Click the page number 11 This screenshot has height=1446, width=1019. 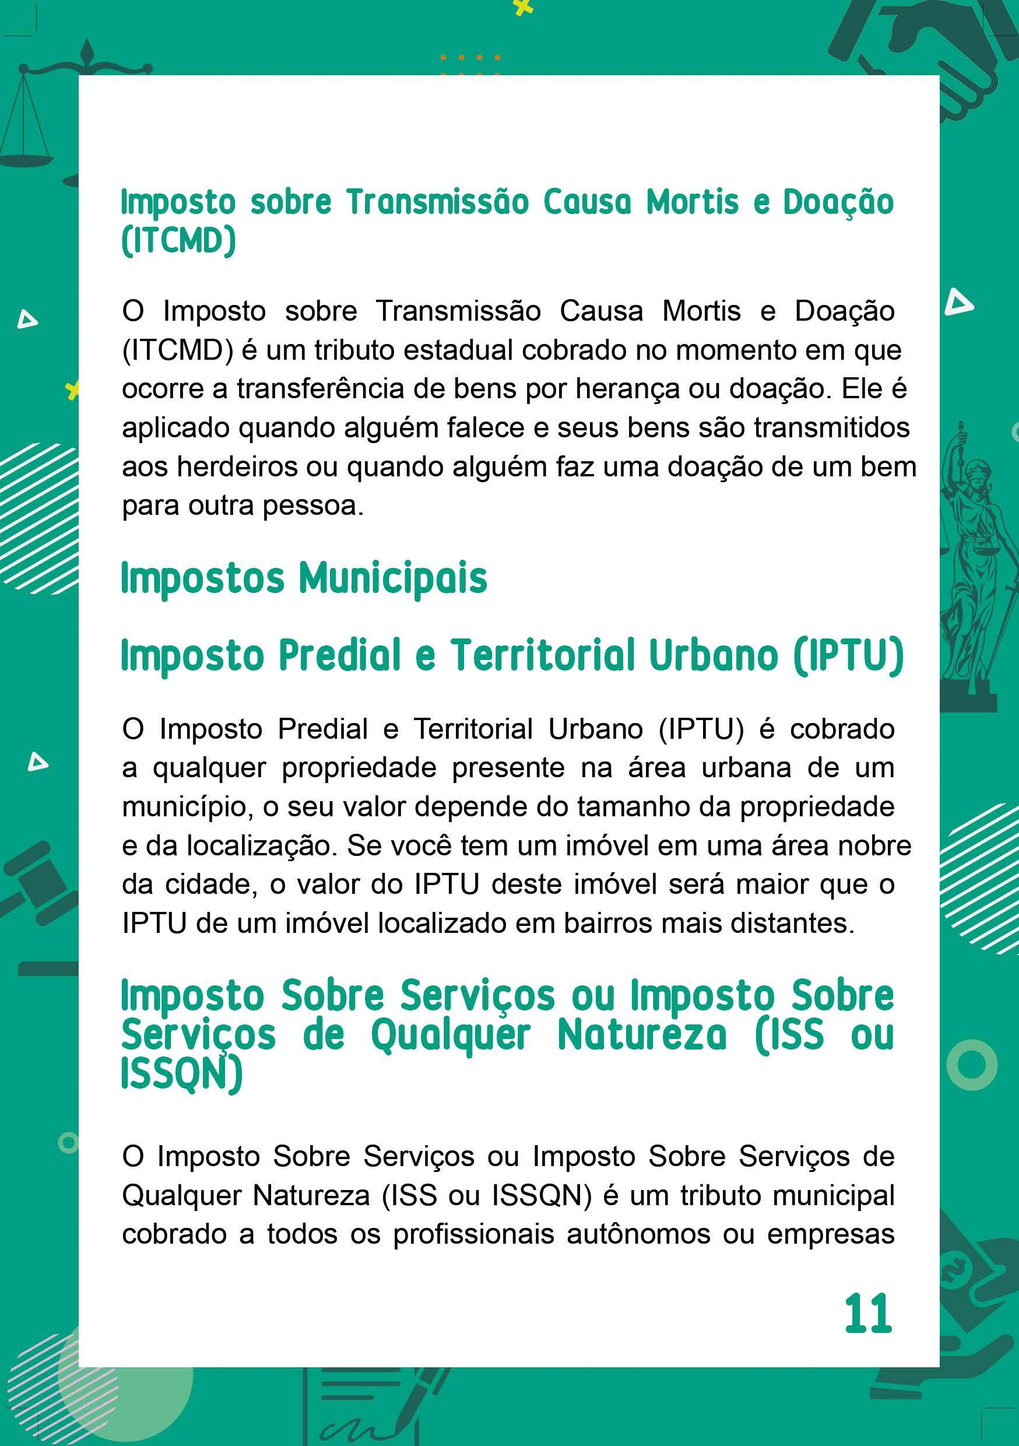tap(868, 1313)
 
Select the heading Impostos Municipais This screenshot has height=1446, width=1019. tap(304, 578)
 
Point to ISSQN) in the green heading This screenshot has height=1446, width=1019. tap(181, 1075)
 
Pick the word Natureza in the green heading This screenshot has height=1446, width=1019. tap(642, 1036)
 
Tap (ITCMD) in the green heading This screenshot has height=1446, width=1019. tap(178, 241)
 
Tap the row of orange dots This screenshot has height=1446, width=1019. tap(470, 57)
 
